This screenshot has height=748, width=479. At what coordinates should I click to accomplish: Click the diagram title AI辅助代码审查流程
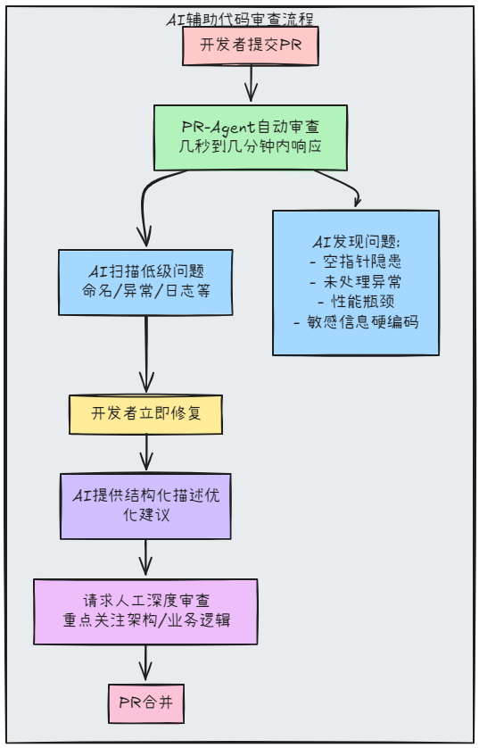coord(240,19)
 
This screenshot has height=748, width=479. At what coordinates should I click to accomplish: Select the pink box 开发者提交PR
coord(251,46)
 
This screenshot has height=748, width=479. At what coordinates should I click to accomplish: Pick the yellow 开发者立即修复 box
coord(145,414)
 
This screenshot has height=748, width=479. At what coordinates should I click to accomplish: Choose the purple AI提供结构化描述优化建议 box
coord(145,505)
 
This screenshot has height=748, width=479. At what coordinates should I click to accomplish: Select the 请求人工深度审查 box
coord(145,611)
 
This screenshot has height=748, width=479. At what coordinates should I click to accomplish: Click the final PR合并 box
coord(145,703)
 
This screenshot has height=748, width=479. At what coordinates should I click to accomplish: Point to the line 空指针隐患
coord(355,262)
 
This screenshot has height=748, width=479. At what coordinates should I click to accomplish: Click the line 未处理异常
coord(355,282)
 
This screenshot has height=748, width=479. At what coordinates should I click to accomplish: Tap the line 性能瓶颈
coord(355,302)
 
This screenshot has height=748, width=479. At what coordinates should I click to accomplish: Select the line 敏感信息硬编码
coord(355,322)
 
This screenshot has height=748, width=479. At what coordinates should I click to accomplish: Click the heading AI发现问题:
coord(355,242)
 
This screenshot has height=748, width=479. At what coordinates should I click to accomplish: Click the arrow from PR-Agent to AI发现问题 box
coord(339,183)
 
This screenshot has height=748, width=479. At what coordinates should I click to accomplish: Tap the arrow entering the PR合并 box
coord(145,664)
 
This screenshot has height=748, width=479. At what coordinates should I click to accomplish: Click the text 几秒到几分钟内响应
coord(251,147)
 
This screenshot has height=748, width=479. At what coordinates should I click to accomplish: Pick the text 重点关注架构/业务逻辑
coord(145,621)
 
